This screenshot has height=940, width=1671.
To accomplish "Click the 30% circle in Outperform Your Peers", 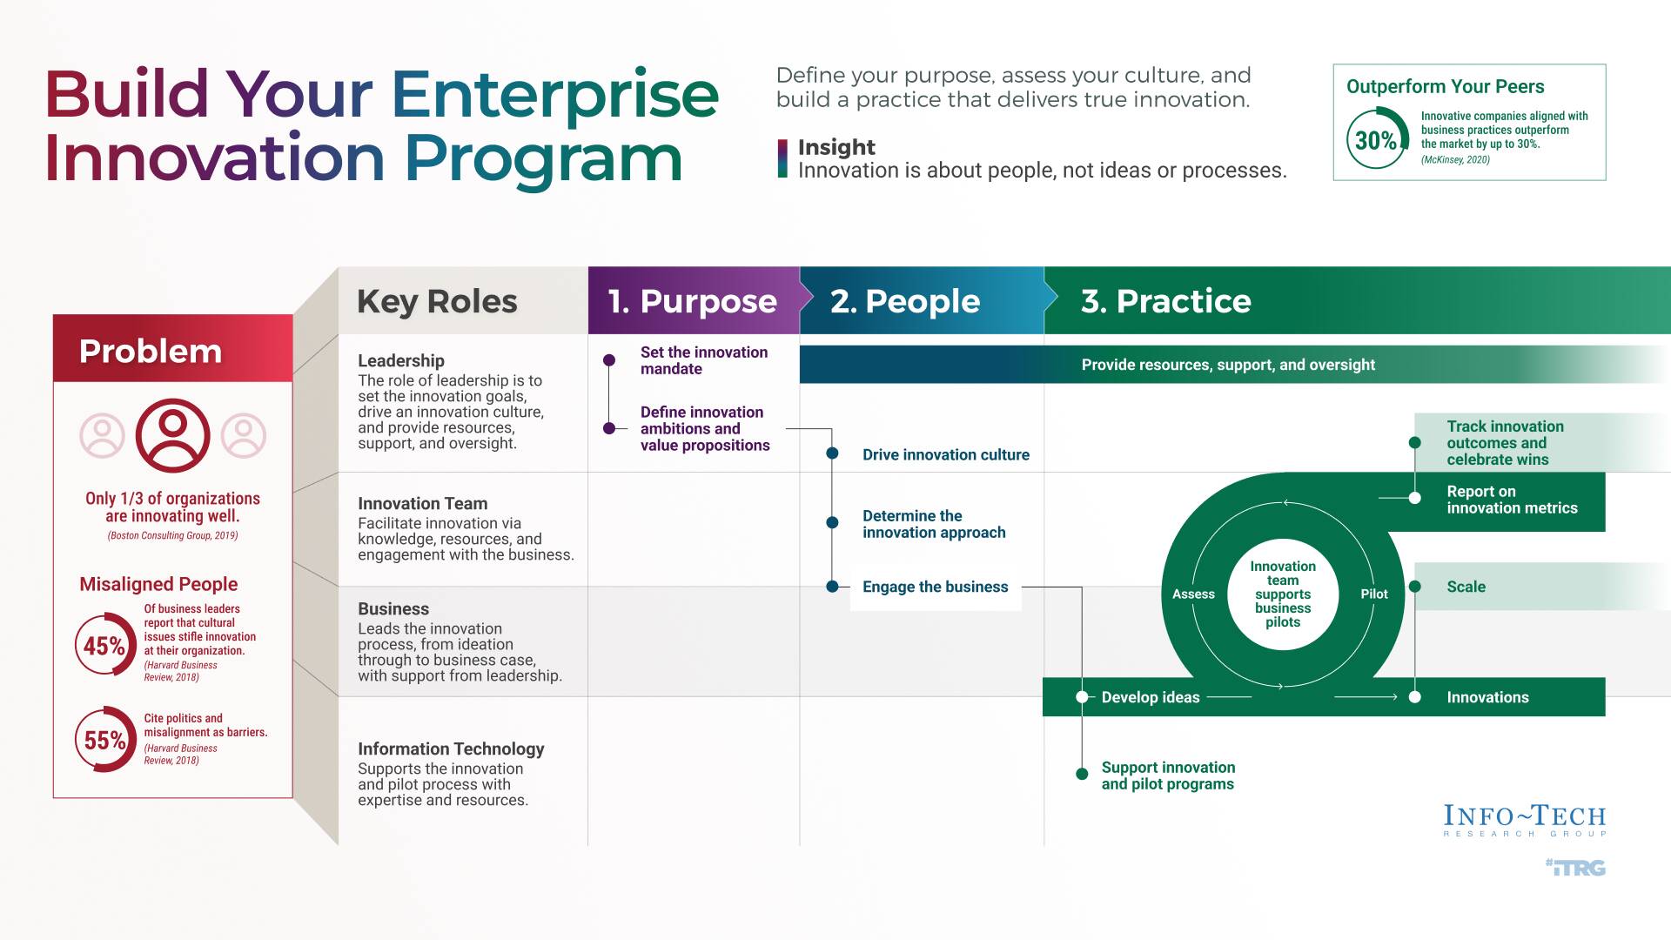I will coord(1377,139).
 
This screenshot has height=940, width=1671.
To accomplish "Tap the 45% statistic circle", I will coord(104,645).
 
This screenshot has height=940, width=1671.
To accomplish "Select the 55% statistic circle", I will coord(104,740).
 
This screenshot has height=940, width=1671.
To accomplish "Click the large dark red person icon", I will coord(172,435).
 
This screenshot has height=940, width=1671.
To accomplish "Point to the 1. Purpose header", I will coord(693,301).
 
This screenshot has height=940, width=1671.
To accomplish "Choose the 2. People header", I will coord(905,301).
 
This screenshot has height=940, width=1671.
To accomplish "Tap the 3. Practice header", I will coord(1166,301).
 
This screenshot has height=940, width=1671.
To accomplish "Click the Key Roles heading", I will coord(437,301).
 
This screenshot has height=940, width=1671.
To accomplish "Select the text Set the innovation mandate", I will coord(703,360).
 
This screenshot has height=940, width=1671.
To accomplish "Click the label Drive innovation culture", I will coord(945,454).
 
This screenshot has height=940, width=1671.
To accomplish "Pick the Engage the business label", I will coord(935,587).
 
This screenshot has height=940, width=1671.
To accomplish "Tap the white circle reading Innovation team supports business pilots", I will coord(1283,594).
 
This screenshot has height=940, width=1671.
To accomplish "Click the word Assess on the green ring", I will coord(1193,594).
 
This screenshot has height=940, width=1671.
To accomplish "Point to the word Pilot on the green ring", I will coord(1374,594).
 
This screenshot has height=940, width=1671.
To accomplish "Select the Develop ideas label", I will coord(1150,697).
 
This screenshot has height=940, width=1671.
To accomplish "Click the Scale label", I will coord(1466,587).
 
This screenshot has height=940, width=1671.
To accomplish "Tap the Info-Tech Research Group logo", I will coord(1525,820).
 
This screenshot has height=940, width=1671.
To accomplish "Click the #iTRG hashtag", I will coord(1576,867).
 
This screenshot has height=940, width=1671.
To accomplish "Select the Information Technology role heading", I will coord(451,749).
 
